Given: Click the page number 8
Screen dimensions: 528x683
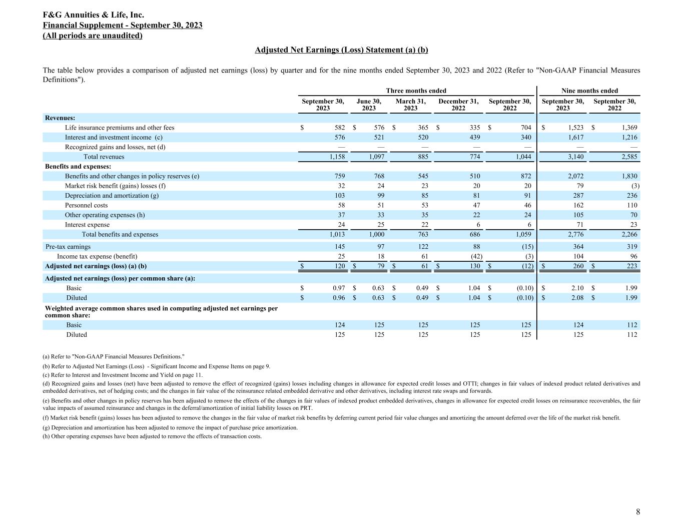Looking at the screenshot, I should (638, 511).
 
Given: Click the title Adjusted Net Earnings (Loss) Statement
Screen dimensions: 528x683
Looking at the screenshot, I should (341, 50).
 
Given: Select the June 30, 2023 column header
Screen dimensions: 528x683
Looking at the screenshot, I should (369, 105).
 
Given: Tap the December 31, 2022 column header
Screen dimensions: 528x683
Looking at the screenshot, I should (458, 105).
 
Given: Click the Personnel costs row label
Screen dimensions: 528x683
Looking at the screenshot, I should (86, 205).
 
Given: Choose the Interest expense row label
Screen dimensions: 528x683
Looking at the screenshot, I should (87, 225).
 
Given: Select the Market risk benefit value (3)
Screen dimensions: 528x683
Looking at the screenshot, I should (632, 186).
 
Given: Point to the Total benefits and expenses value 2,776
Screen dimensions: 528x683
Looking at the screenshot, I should (575, 234).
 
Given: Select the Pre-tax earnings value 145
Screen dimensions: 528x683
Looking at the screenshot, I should (338, 246).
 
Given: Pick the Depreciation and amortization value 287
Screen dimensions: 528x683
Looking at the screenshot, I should (577, 195).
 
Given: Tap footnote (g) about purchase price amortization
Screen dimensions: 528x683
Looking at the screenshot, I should (170, 428).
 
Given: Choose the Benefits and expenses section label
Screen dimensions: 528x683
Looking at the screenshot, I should (78, 166).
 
